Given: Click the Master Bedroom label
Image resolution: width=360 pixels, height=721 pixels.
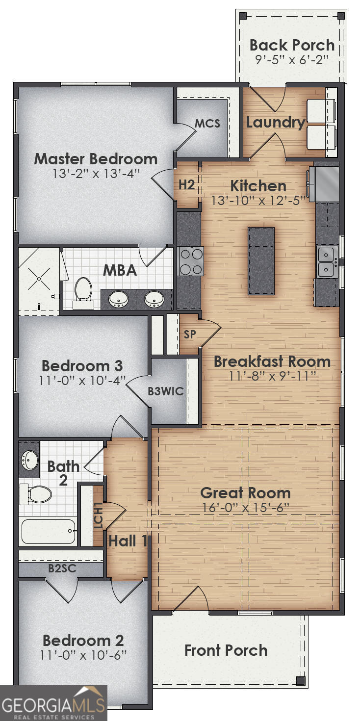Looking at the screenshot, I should pos(96,159).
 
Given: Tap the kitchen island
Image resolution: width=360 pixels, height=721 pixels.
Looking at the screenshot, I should pos(261,261).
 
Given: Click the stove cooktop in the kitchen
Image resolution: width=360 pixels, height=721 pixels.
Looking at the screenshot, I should pos(191,261).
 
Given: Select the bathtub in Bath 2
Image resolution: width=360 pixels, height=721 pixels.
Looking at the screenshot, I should pos(48,531).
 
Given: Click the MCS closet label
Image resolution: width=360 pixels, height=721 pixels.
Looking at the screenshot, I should pos(207,123).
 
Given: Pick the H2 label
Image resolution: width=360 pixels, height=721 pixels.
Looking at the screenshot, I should pos(186,185).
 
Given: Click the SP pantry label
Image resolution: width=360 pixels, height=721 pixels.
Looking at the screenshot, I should pos(190,335).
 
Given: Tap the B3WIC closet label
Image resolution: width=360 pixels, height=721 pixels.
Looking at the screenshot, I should pos(166,391).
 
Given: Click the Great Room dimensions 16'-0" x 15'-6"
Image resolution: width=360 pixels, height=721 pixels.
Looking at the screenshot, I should pos(246,507).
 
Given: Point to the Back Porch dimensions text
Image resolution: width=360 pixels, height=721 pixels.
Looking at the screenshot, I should pos(291,59).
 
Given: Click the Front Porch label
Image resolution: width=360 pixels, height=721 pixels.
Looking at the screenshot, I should pos(226,650).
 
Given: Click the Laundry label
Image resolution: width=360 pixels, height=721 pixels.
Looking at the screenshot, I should pos(275,122).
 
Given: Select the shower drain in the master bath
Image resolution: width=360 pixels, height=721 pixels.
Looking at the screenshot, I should pos(39,280).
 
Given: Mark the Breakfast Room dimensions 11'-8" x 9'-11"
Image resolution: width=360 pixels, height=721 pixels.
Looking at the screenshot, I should pos(272,376).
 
